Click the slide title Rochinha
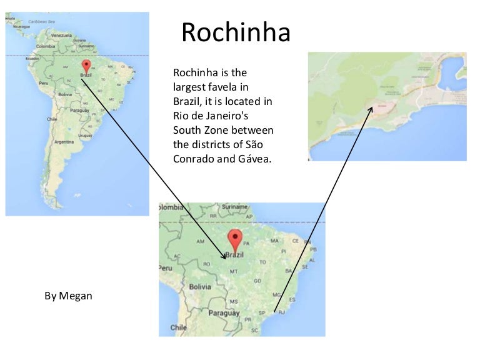[x=236, y=33]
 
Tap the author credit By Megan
[x=68, y=296]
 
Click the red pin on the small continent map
[x=86, y=65]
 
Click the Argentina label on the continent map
[x=64, y=142]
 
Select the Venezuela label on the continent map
[x=61, y=36]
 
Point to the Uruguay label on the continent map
[x=92, y=133]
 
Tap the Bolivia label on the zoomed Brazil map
[x=200, y=286]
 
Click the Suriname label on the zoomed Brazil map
[x=235, y=206]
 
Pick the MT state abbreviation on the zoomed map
[x=234, y=271]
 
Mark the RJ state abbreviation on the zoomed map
[x=281, y=311]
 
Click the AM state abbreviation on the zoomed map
[x=201, y=241]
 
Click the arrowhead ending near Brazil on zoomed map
[x=224, y=257]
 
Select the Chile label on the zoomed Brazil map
[x=178, y=327]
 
